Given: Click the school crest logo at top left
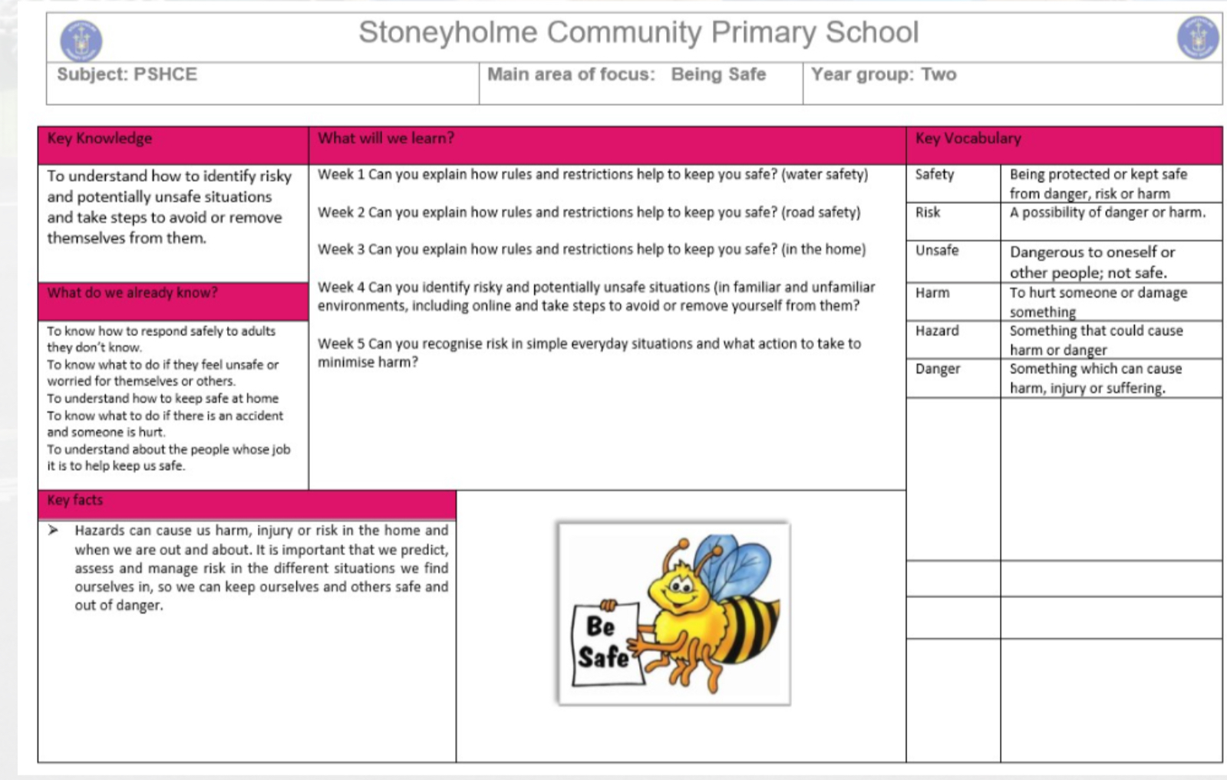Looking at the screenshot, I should tap(81, 41).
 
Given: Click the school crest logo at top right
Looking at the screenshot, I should tap(1197, 38).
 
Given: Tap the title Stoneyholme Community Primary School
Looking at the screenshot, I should tap(638, 32).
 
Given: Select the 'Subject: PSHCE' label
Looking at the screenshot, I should tap(127, 74).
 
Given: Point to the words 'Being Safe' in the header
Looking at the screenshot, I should tap(718, 74).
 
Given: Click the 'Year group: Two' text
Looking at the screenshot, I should tap(883, 74).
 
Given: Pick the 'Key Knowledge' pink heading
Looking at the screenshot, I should tap(100, 139).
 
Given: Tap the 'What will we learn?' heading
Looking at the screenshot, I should tap(386, 139).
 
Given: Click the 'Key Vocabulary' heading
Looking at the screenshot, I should tap(968, 139).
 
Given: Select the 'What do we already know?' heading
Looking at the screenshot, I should tap(132, 293).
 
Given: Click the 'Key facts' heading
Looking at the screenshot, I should tap(74, 501).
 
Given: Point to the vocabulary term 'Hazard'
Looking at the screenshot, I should tap(937, 331).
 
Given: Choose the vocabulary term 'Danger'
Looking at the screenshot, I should tap(937, 369).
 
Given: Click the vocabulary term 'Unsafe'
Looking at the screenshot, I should tap(936, 251).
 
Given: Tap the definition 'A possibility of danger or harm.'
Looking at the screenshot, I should tap(1107, 213).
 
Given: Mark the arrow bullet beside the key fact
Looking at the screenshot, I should tap(53, 530).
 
